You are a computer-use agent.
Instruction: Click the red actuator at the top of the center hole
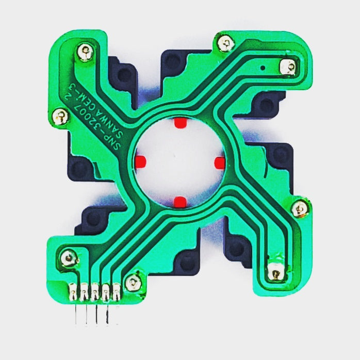point(181,123)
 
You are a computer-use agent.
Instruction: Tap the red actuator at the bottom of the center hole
point(180,202)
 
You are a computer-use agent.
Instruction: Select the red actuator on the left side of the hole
point(140,161)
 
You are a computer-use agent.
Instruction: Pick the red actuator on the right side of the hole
point(220,163)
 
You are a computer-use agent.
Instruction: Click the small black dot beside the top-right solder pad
point(263,68)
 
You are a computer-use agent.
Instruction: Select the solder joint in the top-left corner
point(85,52)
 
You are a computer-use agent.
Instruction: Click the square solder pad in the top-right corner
point(288,67)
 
